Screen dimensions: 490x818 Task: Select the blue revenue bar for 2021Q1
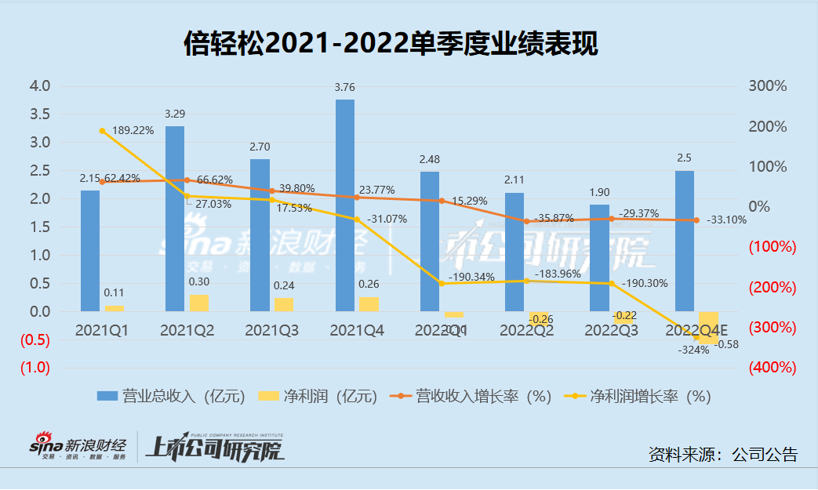click(90, 251)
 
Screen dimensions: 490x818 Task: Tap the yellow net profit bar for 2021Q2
click(199, 303)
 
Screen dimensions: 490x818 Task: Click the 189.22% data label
click(132, 131)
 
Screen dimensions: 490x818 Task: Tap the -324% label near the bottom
click(693, 350)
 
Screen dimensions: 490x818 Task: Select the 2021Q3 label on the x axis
click(271, 331)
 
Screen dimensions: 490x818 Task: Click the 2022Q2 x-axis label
click(526, 331)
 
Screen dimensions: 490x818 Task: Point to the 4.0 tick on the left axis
click(40, 85)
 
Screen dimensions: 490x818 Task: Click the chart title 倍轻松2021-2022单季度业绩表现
click(390, 44)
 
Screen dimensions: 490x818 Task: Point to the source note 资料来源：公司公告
click(722, 454)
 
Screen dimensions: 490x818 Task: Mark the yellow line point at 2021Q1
click(102, 131)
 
